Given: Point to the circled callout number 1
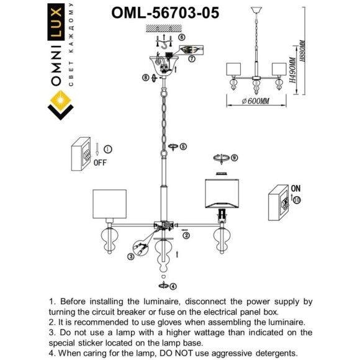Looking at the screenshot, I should coord(107,149).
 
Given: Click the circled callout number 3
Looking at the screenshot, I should coord(132,256).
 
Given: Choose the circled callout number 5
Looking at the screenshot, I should coord(183,146).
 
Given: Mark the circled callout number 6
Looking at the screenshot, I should coord(181,37).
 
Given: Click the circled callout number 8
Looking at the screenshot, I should coord(145,78).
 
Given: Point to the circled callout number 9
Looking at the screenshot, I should coord(234,158).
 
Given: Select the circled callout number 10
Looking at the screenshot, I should coord(296,200).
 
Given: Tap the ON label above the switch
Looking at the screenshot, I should coord(295,187).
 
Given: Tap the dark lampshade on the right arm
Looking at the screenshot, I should coord(220,194).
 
